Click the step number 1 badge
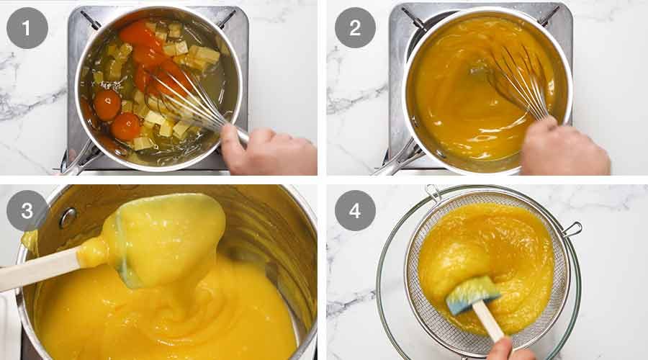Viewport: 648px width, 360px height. coord(27,27)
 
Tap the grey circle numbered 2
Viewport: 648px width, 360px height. coord(355,27)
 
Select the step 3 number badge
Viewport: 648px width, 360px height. coord(27,210)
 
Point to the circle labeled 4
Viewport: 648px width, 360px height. coord(355,210)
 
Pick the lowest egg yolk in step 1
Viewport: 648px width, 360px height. coord(126,127)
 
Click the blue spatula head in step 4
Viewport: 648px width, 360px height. coord(472,292)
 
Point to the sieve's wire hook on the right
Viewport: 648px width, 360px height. coord(572,230)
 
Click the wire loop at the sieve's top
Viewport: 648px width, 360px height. coord(433,192)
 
